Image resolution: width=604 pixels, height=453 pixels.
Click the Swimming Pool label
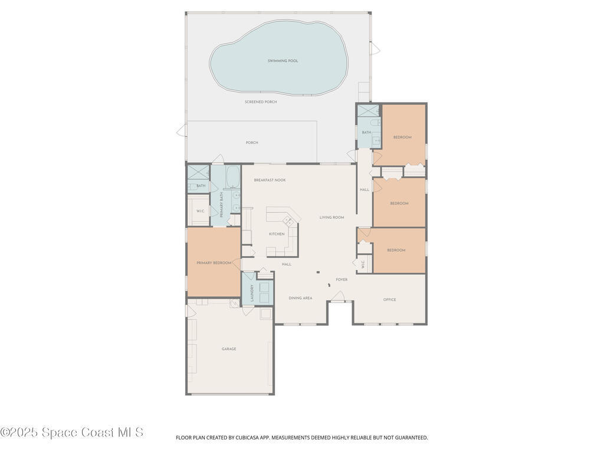[x=283, y=61]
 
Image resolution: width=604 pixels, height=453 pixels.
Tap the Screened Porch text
[x=261, y=102]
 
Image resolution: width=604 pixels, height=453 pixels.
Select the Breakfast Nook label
[x=270, y=180]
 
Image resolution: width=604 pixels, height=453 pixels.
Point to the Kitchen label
[x=277, y=234]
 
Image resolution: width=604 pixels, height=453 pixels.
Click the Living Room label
[x=331, y=218]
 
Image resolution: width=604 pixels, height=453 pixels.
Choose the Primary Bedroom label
[x=214, y=263]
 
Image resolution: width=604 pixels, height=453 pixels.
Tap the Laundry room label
[x=252, y=293]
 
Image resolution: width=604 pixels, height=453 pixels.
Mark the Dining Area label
[x=300, y=298]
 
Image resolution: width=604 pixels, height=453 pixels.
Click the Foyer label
[x=342, y=280]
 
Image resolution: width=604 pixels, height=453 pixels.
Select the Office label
[x=389, y=300]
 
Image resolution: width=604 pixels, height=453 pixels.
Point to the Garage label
[x=229, y=349]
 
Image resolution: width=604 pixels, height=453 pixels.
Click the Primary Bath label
[x=222, y=205]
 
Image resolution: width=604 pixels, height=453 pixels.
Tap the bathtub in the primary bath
[x=232, y=175]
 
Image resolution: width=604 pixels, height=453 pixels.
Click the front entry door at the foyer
[x=338, y=298]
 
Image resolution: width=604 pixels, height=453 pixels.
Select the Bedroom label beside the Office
[x=396, y=250]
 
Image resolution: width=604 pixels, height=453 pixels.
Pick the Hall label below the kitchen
[x=287, y=264]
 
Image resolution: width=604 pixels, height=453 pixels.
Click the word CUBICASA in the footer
[x=248, y=438]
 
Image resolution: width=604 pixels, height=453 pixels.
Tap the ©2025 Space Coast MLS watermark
[x=71, y=432]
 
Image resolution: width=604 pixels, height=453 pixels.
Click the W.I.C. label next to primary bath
[x=200, y=211]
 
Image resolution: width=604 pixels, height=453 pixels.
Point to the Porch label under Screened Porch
[x=252, y=143]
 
